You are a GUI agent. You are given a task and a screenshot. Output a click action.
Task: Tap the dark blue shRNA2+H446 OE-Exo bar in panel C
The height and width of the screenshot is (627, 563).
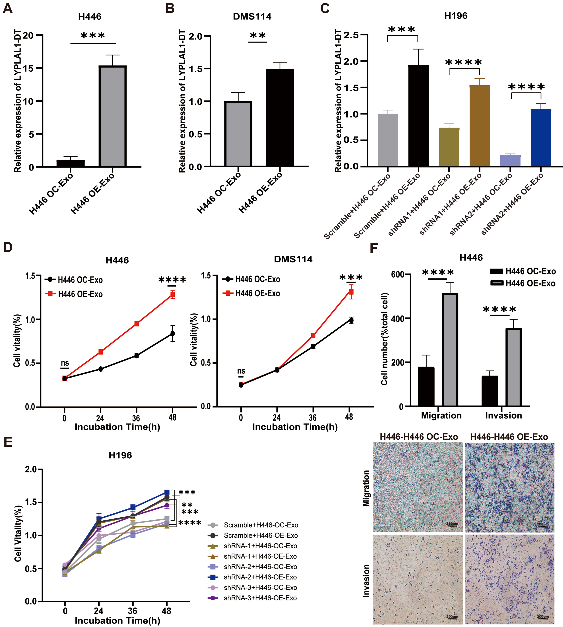coord(541,138)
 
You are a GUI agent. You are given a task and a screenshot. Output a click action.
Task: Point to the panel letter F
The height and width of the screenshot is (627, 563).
coord(374,248)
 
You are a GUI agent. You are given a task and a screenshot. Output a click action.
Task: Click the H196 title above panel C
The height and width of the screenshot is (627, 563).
coord(456,16)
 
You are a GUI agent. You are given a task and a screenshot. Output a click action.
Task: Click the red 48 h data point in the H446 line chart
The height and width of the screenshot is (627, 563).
coord(172,294)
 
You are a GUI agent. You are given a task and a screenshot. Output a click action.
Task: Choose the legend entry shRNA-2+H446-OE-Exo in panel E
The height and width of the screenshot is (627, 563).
coord(260,577)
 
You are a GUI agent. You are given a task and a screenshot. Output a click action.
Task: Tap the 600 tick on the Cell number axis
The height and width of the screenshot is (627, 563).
coord(398,274)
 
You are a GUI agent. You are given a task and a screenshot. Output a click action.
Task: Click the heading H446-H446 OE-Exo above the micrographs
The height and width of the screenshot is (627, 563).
coord(509,437)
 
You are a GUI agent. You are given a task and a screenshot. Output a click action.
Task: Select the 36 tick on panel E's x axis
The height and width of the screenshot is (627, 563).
coord(132,611)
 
